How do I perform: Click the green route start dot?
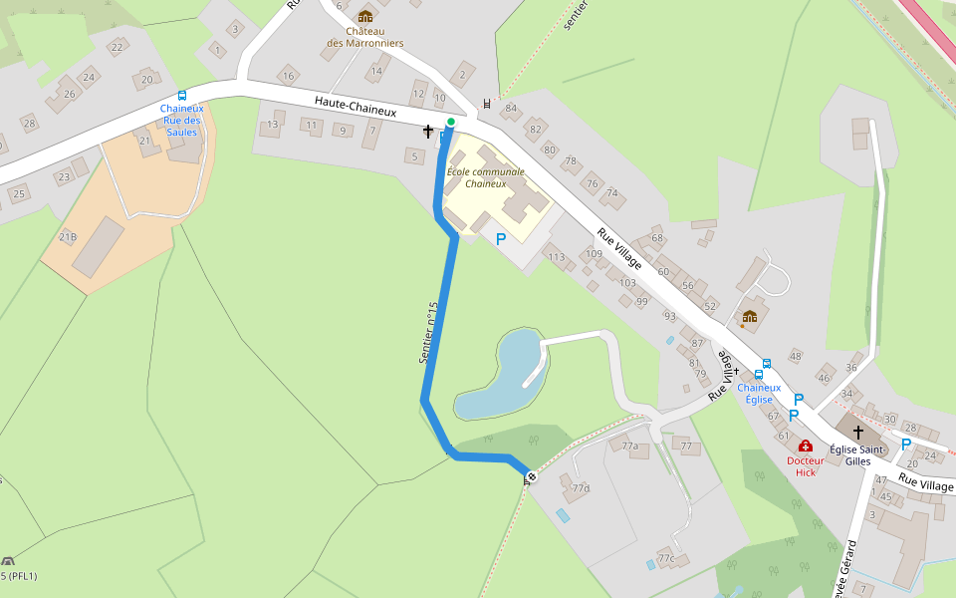point(451,122)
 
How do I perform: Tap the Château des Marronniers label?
point(365,38)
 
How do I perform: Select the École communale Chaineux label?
point(485,177)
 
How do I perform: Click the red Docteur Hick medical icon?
point(806,446)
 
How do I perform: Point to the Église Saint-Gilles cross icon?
point(857,432)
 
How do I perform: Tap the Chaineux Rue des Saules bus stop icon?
point(182,96)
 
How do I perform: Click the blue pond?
point(498,379)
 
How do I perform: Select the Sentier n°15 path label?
point(429,332)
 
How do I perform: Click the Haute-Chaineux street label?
point(356,107)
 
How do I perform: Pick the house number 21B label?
point(68,236)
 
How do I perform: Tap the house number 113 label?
point(556,257)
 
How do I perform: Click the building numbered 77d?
point(580,488)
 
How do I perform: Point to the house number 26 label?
point(69,95)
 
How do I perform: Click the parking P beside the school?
point(501,239)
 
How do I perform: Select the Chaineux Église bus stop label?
point(759,393)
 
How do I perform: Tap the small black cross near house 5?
point(428,131)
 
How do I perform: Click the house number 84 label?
point(511,108)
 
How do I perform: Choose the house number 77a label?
point(629,447)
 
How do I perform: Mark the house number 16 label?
point(288,76)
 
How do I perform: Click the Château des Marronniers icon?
point(365,16)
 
